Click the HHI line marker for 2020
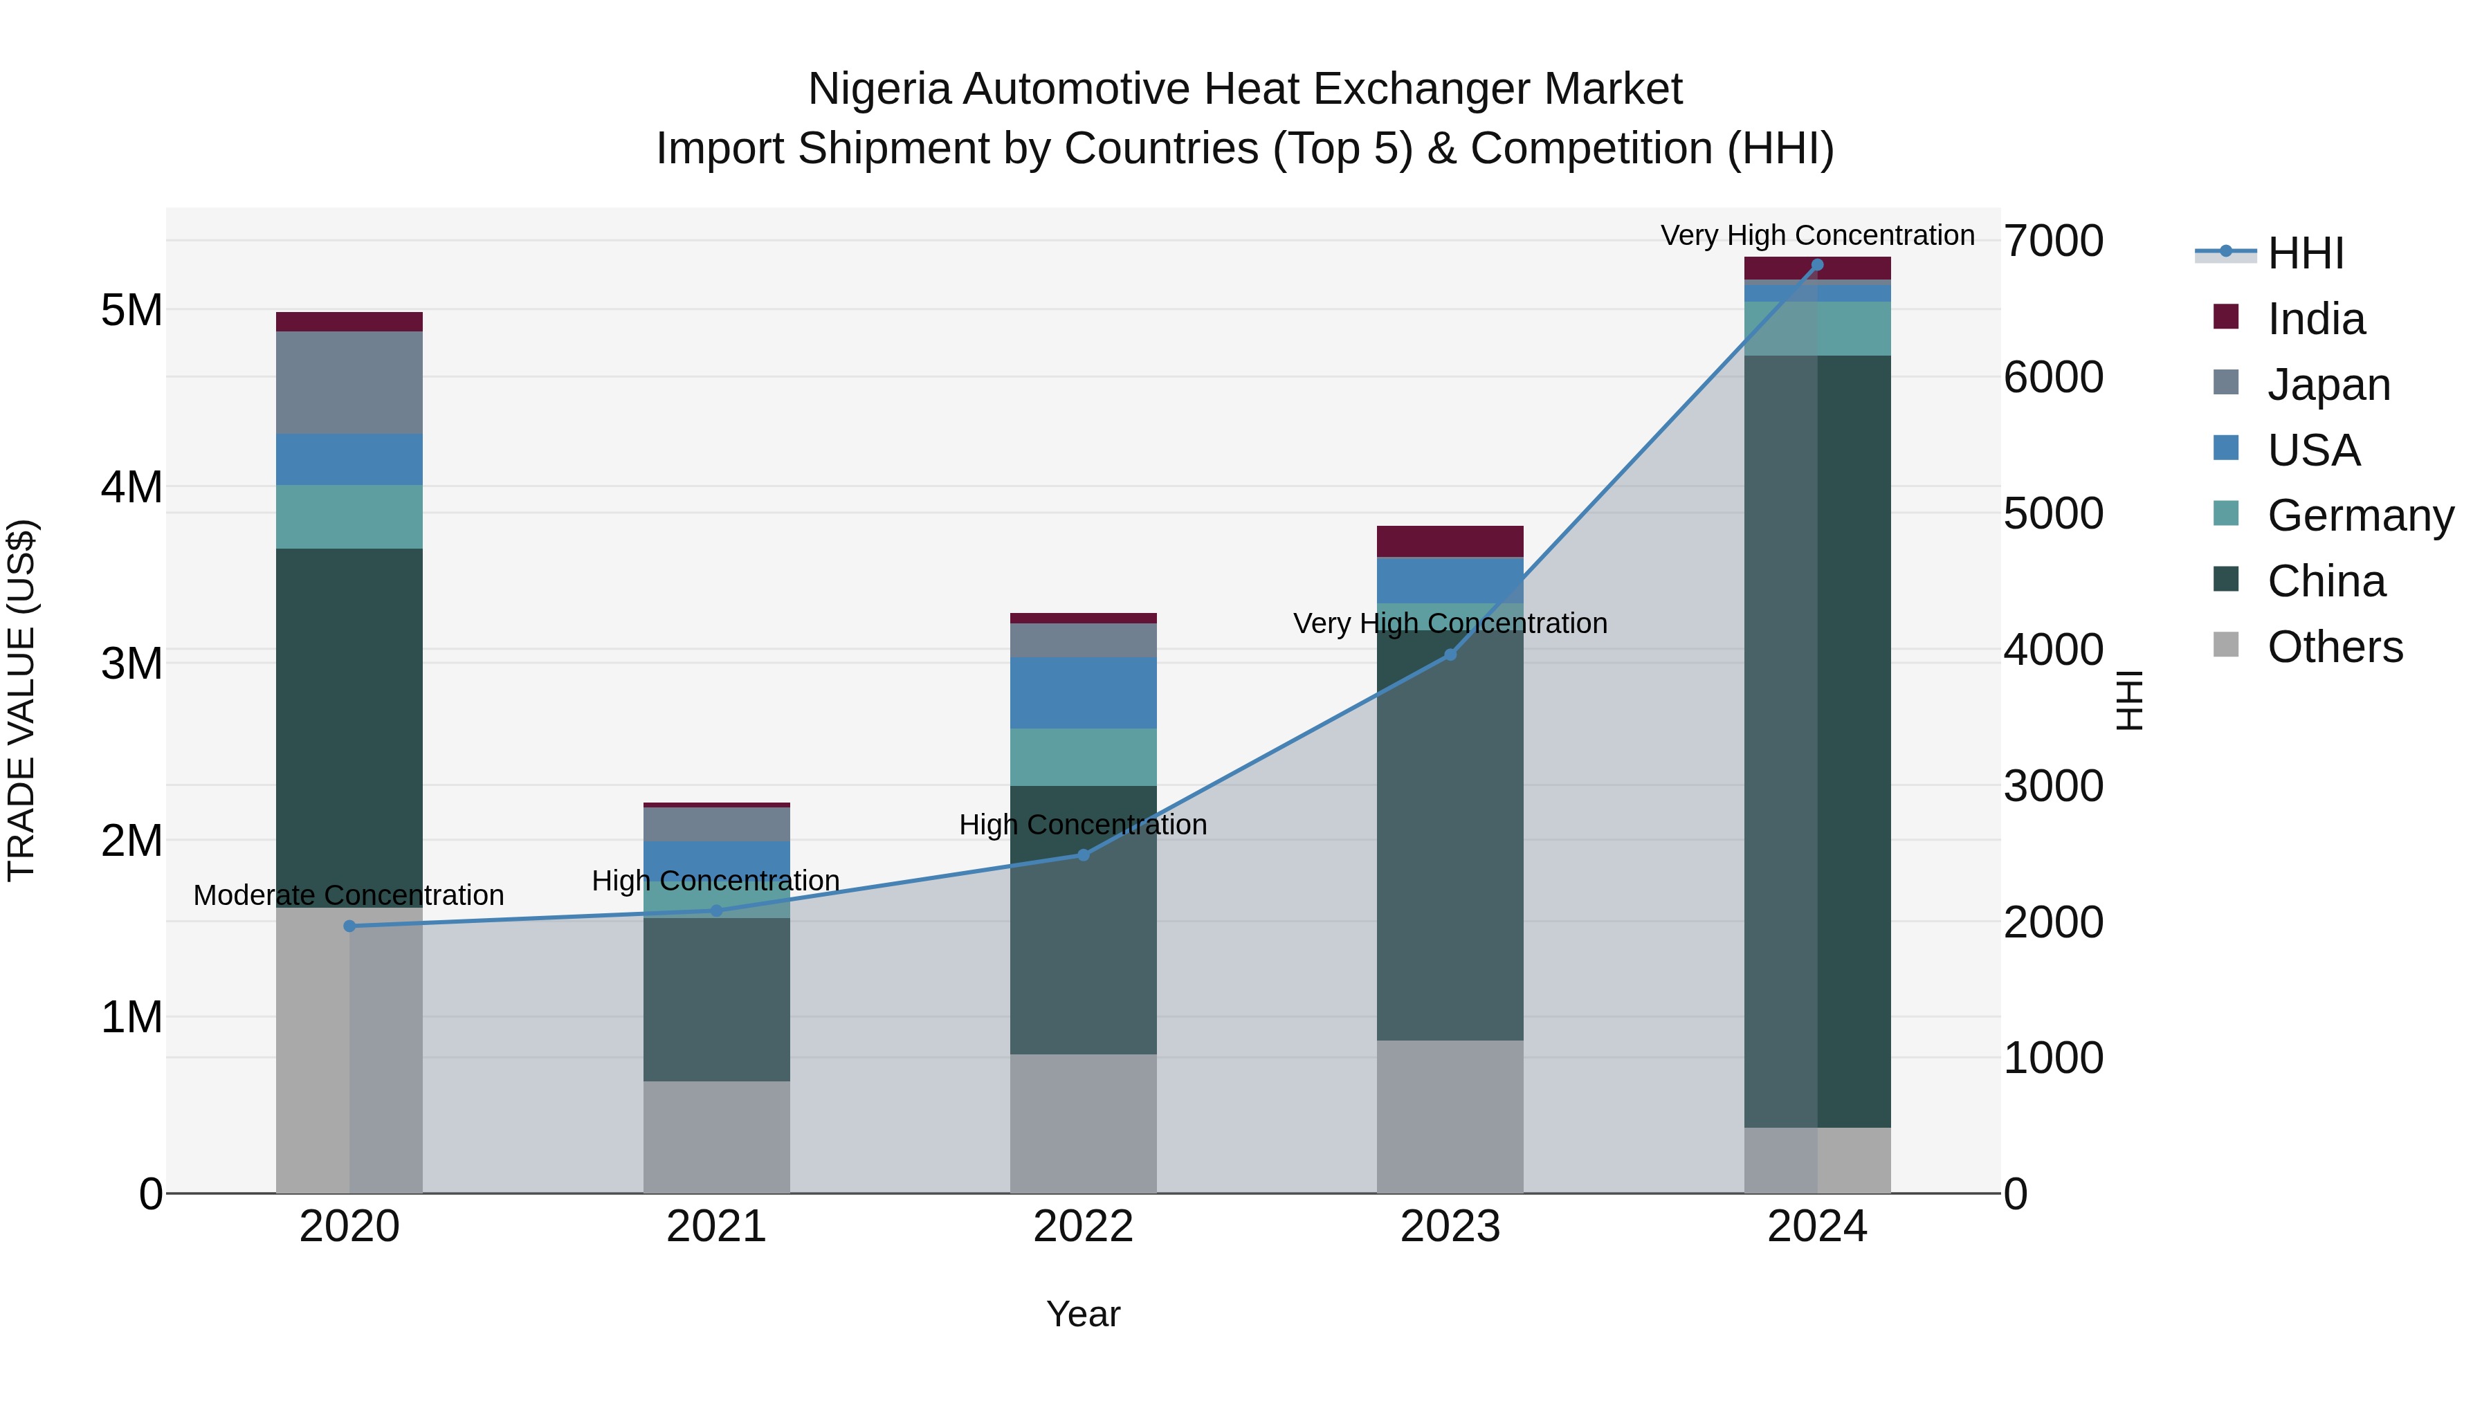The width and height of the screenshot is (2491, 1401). (x=349, y=926)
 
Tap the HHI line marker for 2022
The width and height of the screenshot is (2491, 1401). (x=1083, y=854)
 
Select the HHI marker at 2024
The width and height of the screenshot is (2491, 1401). (x=1817, y=265)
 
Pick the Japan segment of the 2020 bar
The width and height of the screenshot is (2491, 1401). (x=349, y=382)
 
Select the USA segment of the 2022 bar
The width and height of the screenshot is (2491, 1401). (x=1083, y=693)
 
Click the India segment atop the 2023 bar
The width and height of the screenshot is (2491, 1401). (x=1450, y=540)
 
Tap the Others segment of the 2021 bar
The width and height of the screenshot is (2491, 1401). (x=717, y=1136)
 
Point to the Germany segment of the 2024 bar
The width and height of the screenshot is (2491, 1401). (x=1817, y=328)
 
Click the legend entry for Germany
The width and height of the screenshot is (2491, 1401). (x=2360, y=515)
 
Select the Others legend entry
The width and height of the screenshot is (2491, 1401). (x=2335, y=647)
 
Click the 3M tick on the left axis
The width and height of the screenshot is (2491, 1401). (x=131, y=663)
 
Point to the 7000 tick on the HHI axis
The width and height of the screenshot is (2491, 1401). (x=2053, y=241)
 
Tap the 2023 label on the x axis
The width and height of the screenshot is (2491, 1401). (x=1450, y=1227)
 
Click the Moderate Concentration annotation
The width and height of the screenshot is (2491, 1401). (x=349, y=895)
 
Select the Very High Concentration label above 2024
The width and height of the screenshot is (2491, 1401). (x=1817, y=235)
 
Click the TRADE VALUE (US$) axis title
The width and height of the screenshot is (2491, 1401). (x=21, y=700)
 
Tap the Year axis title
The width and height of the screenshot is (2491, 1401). (x=1083, y=1314)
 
